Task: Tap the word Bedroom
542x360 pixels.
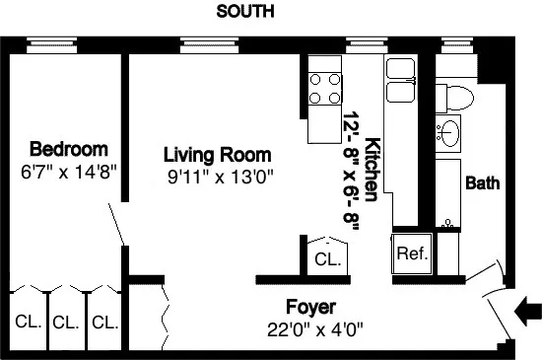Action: [68, 150]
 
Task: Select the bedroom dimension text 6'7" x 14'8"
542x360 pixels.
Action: [68, 170]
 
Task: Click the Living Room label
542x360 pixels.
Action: [217, 156]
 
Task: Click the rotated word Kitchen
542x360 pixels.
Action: [373, 165]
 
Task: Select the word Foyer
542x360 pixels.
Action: [311, 306]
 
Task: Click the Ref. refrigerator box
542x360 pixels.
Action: [411, 253]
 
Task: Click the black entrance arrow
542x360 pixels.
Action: [527, 312]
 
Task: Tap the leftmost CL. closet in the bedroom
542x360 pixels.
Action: [28, 322]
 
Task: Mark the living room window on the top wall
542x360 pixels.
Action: [204, 44]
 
